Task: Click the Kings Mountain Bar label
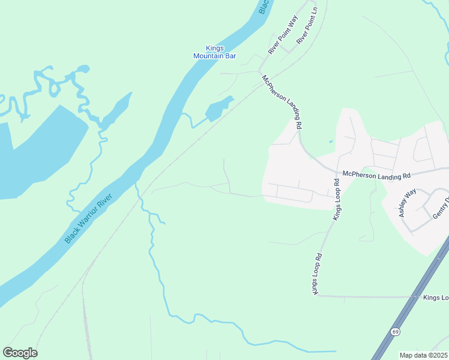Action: pyautogui.click(x=214, y=52)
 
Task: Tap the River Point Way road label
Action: pyautogui.click(x=283, y=35)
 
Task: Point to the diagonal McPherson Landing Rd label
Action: pyautogui.click(x=282, y=102)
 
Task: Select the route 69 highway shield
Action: pyautogui.click(x=395, y=331)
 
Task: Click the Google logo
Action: pyautogui.click(x=20, y=352)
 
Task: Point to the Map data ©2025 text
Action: pyautogui.click(x=423, y=355)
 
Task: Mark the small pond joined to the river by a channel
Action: pyautogui.click(x=217, y=109)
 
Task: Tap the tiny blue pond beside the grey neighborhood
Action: pyautogui.click(x=331, y=142)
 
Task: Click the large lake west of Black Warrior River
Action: pyautogui.click(x=42, y=150)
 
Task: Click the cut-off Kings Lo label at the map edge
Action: pyautogui.click(x=436, y=298)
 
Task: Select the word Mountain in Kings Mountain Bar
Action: pyautogui.click(x=214, y=56)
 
